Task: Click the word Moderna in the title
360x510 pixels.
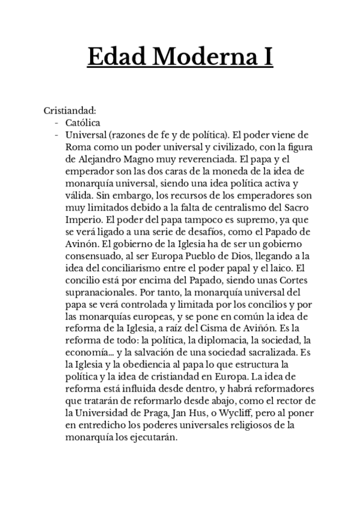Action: coord(195,57)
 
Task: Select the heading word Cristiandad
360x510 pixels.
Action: coord(70,111)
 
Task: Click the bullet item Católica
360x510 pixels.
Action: coord(84,123)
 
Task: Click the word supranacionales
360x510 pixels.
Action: coord(100,295)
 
